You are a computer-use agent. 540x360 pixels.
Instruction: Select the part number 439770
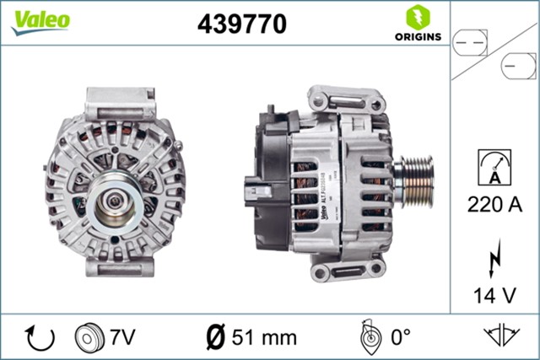[241, 24]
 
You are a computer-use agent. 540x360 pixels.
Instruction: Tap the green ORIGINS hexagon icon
[417, 17]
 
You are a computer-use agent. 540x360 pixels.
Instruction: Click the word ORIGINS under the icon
[417, 37]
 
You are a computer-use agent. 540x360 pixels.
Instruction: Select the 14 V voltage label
[494, 295]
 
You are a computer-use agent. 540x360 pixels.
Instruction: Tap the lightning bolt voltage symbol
[494, 256]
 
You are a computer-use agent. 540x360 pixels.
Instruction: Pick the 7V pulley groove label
[121, 337]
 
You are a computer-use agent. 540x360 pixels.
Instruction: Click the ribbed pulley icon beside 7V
[89, 337]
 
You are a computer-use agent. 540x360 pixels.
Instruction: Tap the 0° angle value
[398, 337]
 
